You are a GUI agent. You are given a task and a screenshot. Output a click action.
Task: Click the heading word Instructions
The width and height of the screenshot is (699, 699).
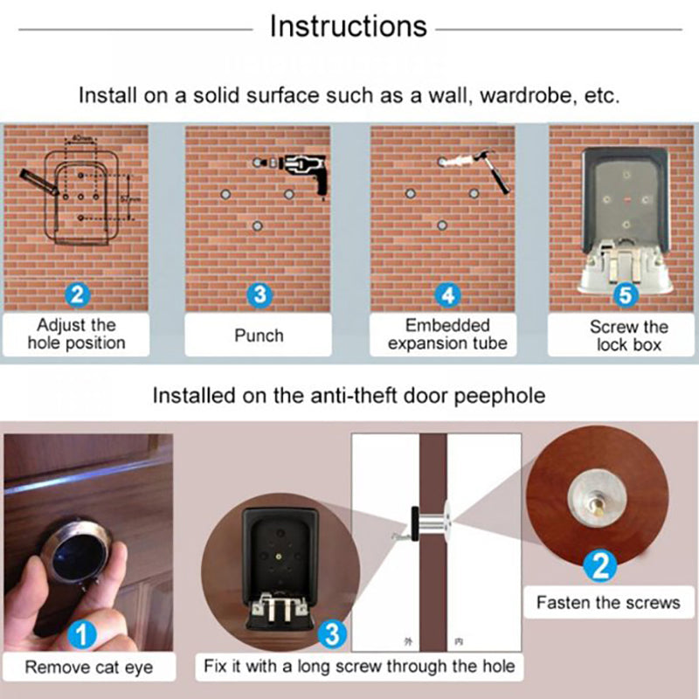point(348,26)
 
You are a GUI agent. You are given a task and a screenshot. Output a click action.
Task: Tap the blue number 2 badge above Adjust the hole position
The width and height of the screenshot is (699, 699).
point(77,294)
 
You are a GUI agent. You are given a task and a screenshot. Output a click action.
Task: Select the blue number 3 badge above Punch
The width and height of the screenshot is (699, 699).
point(259,294)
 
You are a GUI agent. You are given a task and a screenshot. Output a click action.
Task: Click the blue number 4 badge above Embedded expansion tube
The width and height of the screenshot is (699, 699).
point(448,294)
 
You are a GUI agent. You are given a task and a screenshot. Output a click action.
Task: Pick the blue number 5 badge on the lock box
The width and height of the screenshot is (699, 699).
point(625,294)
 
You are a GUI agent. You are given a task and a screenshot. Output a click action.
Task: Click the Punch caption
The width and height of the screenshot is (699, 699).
point(259,335)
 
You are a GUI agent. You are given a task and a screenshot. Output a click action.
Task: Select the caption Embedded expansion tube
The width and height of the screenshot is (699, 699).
point(447,335)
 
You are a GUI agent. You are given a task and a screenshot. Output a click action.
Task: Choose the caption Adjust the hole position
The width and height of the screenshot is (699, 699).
point(76,335)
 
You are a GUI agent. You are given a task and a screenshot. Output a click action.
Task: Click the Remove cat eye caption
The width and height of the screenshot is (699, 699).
point(88,668)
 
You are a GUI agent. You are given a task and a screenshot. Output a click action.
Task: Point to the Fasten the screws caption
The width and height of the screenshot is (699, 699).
point(608,602)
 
